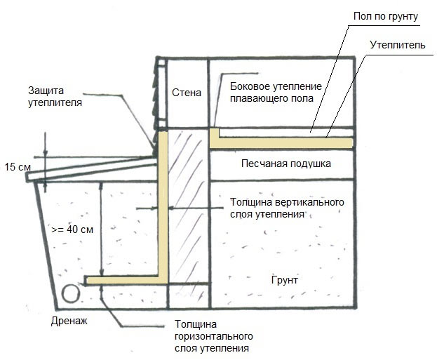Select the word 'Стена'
[186, 92]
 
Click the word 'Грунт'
[284, 279]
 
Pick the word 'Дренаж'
[69, 321]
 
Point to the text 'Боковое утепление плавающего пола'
[276, 92]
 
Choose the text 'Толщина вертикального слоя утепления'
[287, 208]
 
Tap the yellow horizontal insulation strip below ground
[126, 280]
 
